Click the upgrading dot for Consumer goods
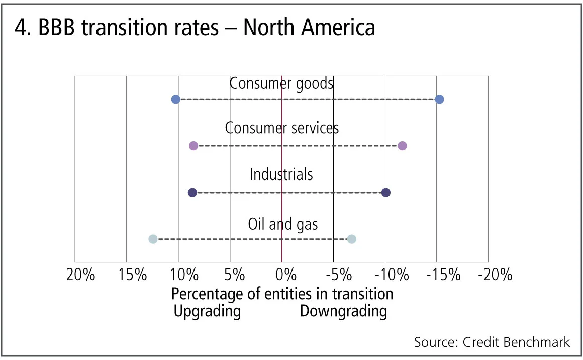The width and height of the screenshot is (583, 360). click(x=175, y=99)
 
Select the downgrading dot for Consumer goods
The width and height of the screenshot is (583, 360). click(x=439, y=99)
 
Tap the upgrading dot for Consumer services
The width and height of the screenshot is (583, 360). click(x=193, y=146)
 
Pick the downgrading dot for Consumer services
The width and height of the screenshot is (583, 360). click(x=402, y=146)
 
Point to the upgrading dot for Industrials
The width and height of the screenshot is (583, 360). click(x=192, y=192)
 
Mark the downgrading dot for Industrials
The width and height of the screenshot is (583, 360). click(x=386, y=192)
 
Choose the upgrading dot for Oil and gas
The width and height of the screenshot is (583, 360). click(x=153, y=239)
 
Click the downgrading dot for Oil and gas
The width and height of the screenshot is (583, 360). click(x=352, y=239)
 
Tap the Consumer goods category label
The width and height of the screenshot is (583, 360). click(x=281, y=83)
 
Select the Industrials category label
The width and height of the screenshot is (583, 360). click(x=281, y=174)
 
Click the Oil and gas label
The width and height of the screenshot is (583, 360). click(x=283, y=224)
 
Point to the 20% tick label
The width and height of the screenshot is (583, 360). click(x=80, y=275)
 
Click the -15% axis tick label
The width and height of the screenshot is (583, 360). click(x=443, y=275)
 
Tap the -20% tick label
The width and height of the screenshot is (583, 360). click(x=495, y=275)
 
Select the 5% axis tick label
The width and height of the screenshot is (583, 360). click(x=234, y=275)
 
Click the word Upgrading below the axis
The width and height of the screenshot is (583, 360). click(x=207, y=311)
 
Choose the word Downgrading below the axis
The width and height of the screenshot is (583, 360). click(x=344, y=311)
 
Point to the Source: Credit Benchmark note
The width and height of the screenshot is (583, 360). click(x=492, y=342)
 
